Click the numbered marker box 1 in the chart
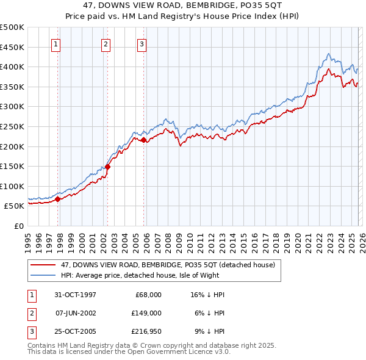pyautogui.click(x=56, y=44)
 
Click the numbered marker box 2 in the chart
pyautogui.click(x=106, y=44)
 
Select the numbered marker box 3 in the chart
pyautogui.click(x=142, y=44)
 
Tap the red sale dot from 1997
pyautogui.click(x=58, y=198)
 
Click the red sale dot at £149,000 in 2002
pyautogui.click(x=107, y=167)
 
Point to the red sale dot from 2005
pyautogui.click(x=144, y=140)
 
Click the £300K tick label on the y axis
pyautogui.click(x=12, y=107)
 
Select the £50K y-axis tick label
pyautogui.click(x=15, y=206)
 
